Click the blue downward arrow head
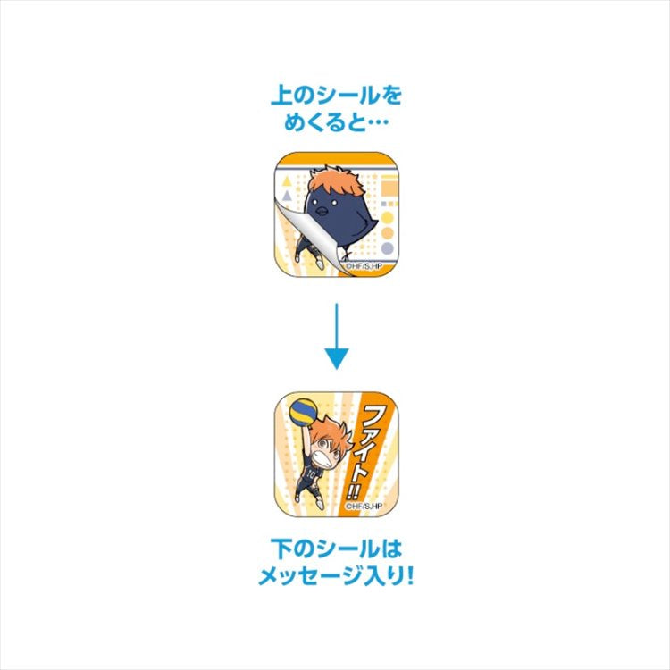pyautogui.click(x=337, y=359)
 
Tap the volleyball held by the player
pyautogui.click(x=303, y=413)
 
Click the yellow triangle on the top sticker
pyautogui.click(x=287, y=181)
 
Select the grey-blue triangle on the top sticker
pyautogui.click(x=287, y=197)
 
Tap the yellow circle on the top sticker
pyautogui.click(x=387, y=217)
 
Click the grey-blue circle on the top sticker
pyautogui.click(x=387, y=248)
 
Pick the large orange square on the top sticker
pyautogui.click(x=389, y=188)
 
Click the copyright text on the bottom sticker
pyautogui.click(x=364, y=506)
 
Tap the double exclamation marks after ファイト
pyautogui.click(x=353, y=493)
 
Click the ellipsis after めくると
pyautogui.click(x=377, y=123)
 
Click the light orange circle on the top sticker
pyautogui.click(x=387, y=233)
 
